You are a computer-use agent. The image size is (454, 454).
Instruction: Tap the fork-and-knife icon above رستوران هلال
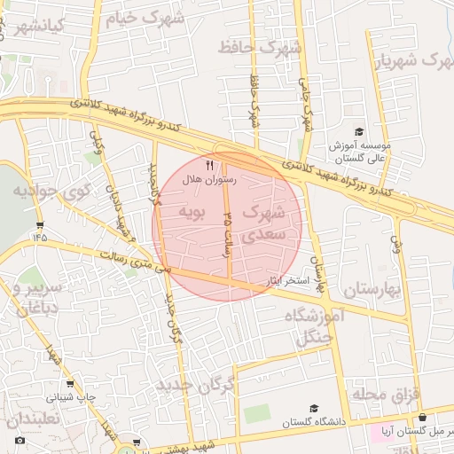210,165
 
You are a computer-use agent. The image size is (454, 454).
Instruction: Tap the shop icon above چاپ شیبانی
70,385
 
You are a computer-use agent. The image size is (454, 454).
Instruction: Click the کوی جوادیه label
52,190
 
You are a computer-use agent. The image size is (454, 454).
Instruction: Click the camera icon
20,441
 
